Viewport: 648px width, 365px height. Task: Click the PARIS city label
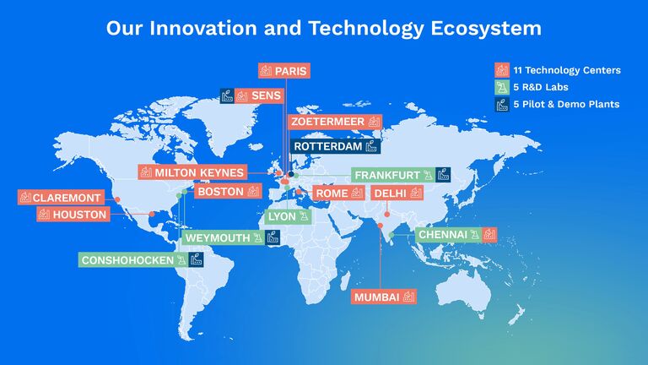pyautogui.click(x=291, y=70)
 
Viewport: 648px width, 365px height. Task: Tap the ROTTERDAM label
pyautogui.click(x=327, y=146)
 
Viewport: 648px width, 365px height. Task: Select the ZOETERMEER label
pyautogui.click(x=327, y=122)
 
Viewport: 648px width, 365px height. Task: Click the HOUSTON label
pyautogui.click(x=79, y=215)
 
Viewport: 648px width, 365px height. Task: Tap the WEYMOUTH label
pyautogui.click(x=218, y=238)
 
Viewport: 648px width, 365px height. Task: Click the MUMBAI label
pyautogui.click(x=376, y=297)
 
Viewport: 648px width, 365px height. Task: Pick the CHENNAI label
pyautogui.click(x=442, y=234)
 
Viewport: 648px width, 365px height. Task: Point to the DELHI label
pyautogui.click(x=390, y=193)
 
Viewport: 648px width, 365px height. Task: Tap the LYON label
pyautogui.click(x=282, y=216)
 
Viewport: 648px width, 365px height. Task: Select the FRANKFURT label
pyautogui.click(x=387, y=175)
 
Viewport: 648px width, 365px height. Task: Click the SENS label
pyautogui.click(x=266, y=95)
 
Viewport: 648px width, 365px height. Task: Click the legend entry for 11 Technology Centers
pyautogui.click(x=565, y=70)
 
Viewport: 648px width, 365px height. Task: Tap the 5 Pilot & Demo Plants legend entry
pyautogui.click(x=565, y=104)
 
